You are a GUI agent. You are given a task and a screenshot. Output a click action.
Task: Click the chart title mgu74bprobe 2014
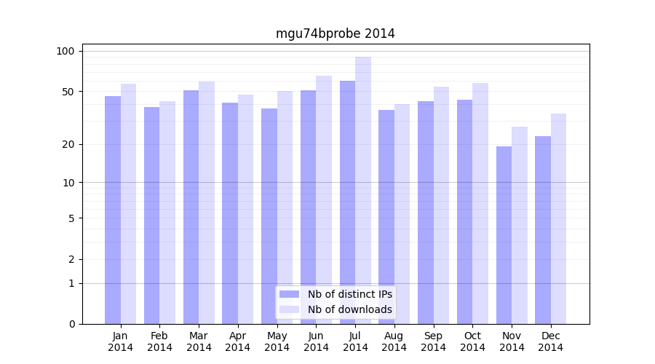click(x=335, y=33)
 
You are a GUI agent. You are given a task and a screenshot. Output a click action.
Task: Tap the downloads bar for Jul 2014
click(x=363, y=190)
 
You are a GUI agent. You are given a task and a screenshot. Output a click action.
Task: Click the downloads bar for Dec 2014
click(x=558, y=218)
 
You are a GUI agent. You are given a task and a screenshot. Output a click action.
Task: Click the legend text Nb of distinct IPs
click(x=349, y=294)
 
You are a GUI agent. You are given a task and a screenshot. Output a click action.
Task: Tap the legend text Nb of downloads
click(x=349, y=309)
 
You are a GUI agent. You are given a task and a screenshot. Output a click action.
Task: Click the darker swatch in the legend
click(x=289, y=294)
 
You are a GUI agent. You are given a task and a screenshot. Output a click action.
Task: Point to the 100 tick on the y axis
click(x=65, y=51)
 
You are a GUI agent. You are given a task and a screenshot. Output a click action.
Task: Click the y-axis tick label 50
click(x=68, y=92)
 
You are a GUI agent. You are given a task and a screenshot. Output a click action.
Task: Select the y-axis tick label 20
click(x=68, y=144)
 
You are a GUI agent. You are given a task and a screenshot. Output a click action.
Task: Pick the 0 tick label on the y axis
click(x=71, y=324)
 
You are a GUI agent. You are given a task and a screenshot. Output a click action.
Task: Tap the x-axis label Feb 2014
click(x=159, y=341)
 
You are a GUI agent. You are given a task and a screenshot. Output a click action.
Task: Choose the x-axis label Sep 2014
click(x=433, y=341)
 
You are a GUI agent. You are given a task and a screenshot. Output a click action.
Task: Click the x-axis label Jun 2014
click(x=316, y=341)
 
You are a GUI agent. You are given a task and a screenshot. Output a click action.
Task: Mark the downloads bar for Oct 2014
click(x=480, y=203)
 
